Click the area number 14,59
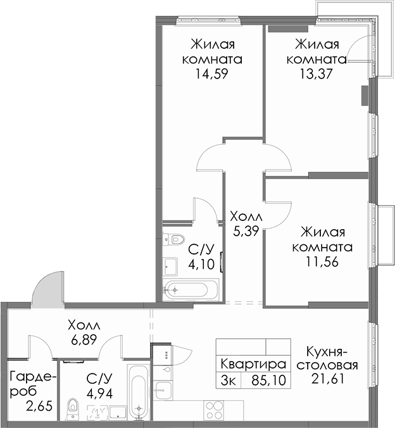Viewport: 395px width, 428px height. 211,74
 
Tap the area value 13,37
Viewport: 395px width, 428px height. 317,73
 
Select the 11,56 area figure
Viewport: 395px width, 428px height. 322,261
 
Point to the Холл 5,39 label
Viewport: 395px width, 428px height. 246,224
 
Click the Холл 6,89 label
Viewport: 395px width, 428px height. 84,332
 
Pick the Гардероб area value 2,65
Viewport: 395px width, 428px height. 39,406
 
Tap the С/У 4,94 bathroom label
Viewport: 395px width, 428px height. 99,386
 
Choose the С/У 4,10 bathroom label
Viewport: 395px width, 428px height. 201,257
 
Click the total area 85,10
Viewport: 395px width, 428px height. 268,381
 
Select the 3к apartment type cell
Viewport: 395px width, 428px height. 229,381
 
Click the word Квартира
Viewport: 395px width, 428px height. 253,364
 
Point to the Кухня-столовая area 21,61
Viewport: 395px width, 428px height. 327,379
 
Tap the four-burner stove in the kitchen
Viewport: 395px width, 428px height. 213,410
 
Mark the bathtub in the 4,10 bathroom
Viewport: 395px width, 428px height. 191,289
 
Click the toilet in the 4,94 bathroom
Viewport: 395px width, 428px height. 72,409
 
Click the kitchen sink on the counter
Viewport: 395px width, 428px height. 163,390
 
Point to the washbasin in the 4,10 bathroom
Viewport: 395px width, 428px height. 170,267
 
